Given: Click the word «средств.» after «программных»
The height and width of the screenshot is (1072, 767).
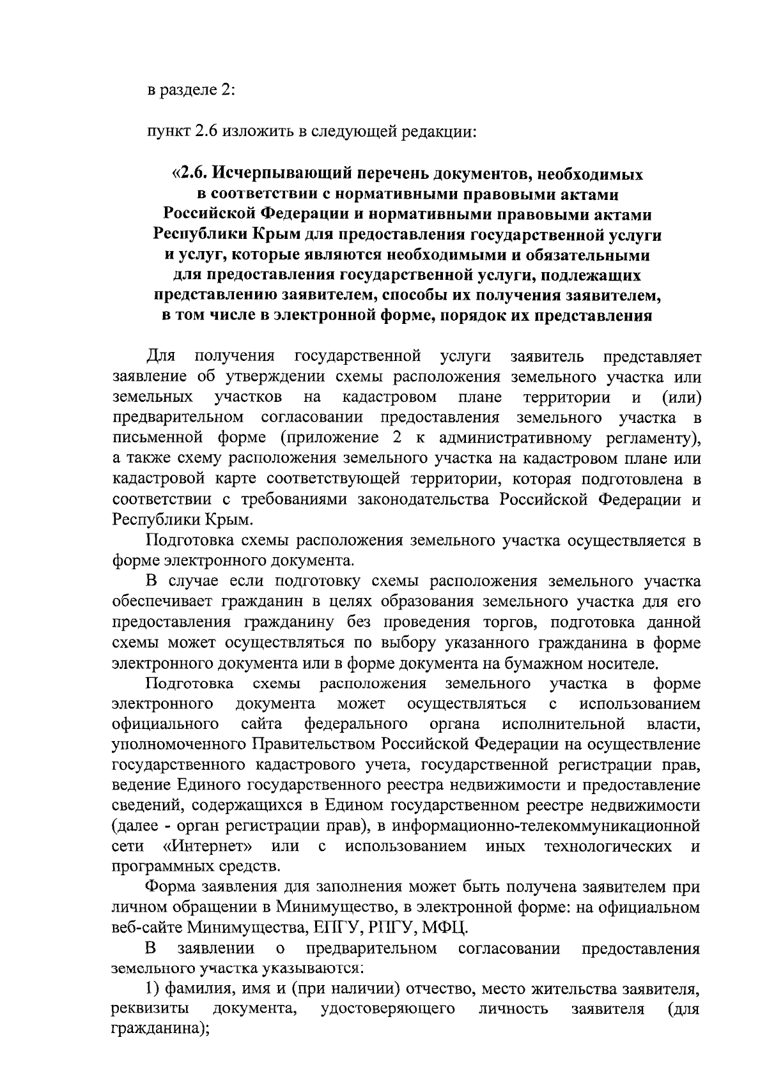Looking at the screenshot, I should pos(252,868).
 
